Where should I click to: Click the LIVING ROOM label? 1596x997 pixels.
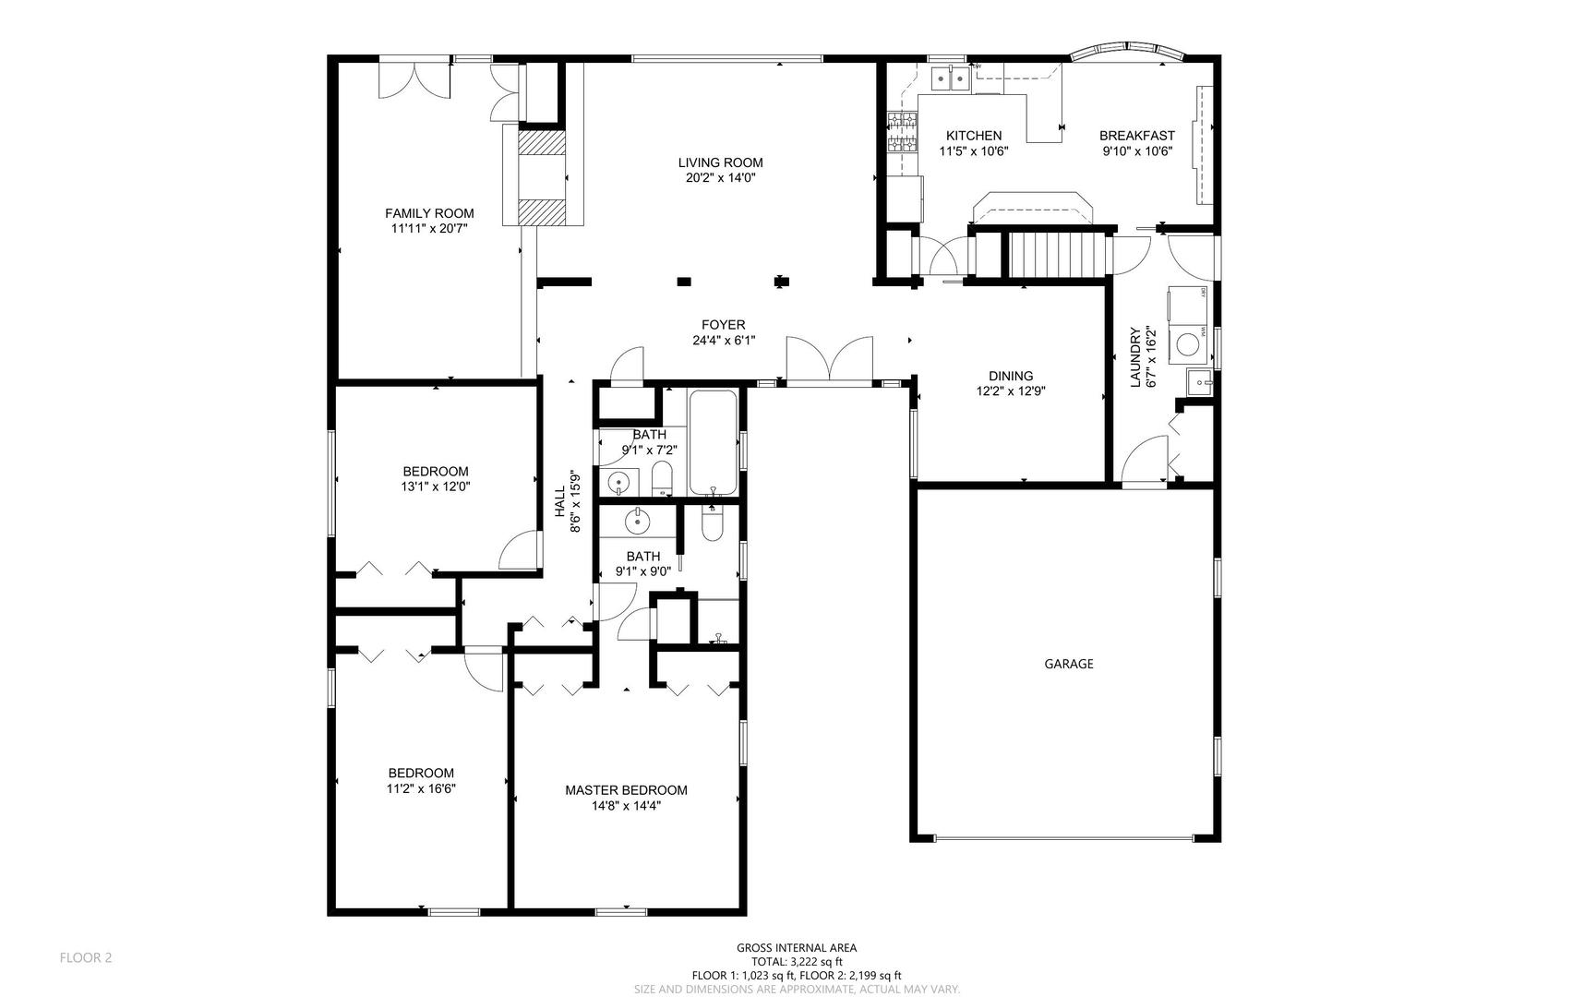point(720,163)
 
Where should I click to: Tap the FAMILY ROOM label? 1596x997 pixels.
point(429,214)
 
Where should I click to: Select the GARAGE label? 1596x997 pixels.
point(1069,664)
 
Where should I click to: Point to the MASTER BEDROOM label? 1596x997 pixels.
point(626,790)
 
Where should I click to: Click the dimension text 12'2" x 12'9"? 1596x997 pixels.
point(1011,390)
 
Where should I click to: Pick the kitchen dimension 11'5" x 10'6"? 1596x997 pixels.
point(974,150)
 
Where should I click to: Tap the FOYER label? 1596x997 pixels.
point(724,325)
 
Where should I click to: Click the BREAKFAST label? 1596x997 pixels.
point(1137,136)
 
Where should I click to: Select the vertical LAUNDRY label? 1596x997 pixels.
point(1136,357)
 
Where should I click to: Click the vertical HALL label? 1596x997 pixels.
point(560,501)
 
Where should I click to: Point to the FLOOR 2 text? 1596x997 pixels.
point(86,958)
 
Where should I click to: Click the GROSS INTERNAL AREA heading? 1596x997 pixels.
point(797,947)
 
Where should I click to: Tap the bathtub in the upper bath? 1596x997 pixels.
point(714,443)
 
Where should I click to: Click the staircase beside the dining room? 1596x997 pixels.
point(1058,254)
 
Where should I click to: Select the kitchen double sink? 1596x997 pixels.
point(950,80)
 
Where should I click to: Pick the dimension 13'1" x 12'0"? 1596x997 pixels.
point(436,486)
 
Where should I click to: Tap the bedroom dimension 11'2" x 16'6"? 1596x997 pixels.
point(422,788)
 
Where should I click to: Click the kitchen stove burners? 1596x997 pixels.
point(903,131)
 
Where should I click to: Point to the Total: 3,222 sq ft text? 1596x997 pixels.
point(797,961)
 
